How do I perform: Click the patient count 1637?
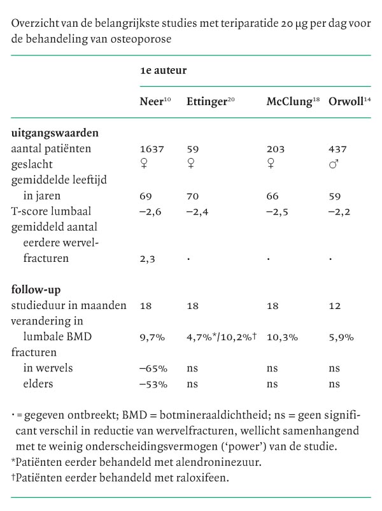tap(152, 149)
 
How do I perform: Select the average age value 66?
tap(272, 196)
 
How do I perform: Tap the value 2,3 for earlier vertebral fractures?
tap(147, 259)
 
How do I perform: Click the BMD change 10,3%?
tap(281, 337)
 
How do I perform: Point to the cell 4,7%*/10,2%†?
tap(221, 337)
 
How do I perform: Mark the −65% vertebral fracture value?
tap(153, 368)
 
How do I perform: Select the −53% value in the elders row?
tap(153, 384)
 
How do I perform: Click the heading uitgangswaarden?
tap(54, 133)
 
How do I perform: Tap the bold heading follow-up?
tap(37, 290)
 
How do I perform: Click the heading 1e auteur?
tap(163, 71)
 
